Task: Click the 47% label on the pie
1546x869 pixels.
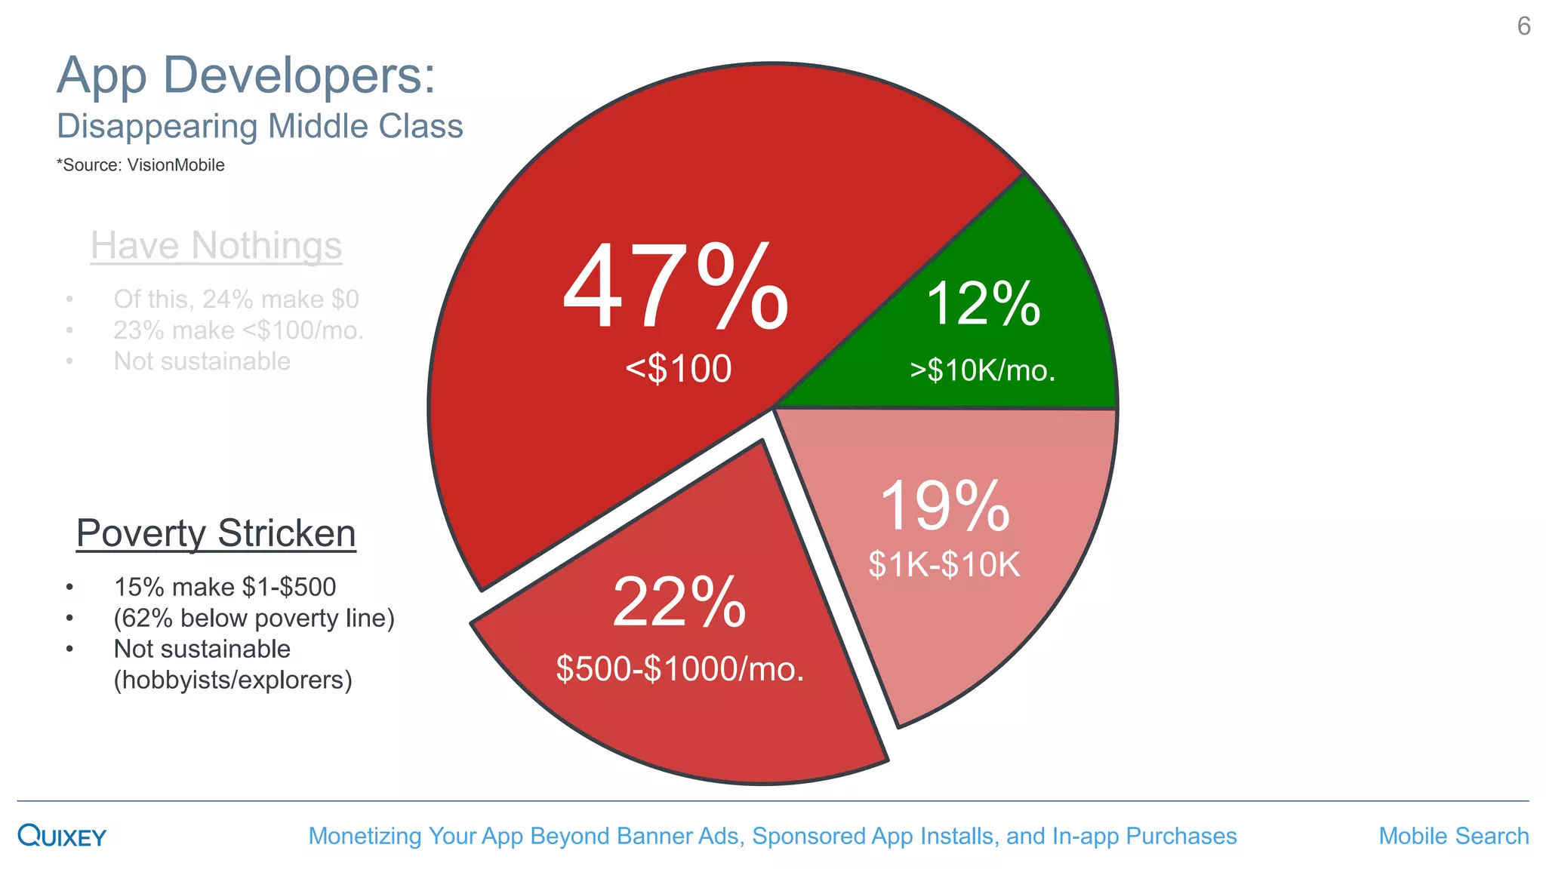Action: (x=676, y=288)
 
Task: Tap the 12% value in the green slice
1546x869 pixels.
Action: (x=983, y=305)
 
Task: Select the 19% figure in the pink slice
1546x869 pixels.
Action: (x=944, y=506)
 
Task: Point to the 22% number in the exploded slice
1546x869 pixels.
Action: (x=679, y=603)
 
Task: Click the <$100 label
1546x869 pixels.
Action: (x=679, y=370)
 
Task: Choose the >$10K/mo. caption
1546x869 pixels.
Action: (x=982, y=371)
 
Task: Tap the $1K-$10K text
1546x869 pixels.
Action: (x=944, y=565)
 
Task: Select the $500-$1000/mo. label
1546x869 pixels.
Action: (x=679, y=669)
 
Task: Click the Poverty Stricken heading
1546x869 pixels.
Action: (x=216, y=534)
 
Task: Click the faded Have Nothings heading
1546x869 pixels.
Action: (x=216, y=246)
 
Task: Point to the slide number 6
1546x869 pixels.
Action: (x=1523, y=26)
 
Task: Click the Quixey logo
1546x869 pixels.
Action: (x=62, y=836)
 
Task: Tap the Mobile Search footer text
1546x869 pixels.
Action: (x=1453, y=837)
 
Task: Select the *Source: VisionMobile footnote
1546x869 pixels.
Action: (x=140, y=165)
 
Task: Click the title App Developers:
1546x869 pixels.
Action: (x=246, y=75)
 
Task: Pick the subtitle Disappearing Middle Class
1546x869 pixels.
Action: (x=260, y=127)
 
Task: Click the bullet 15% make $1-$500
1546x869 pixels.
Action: (x=224, y=587)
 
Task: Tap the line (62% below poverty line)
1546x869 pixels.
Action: (x=254, y=619)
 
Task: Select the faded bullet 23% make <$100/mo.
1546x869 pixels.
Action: (x=238, y=330)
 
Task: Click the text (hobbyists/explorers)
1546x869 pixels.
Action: (x=233, y=680)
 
